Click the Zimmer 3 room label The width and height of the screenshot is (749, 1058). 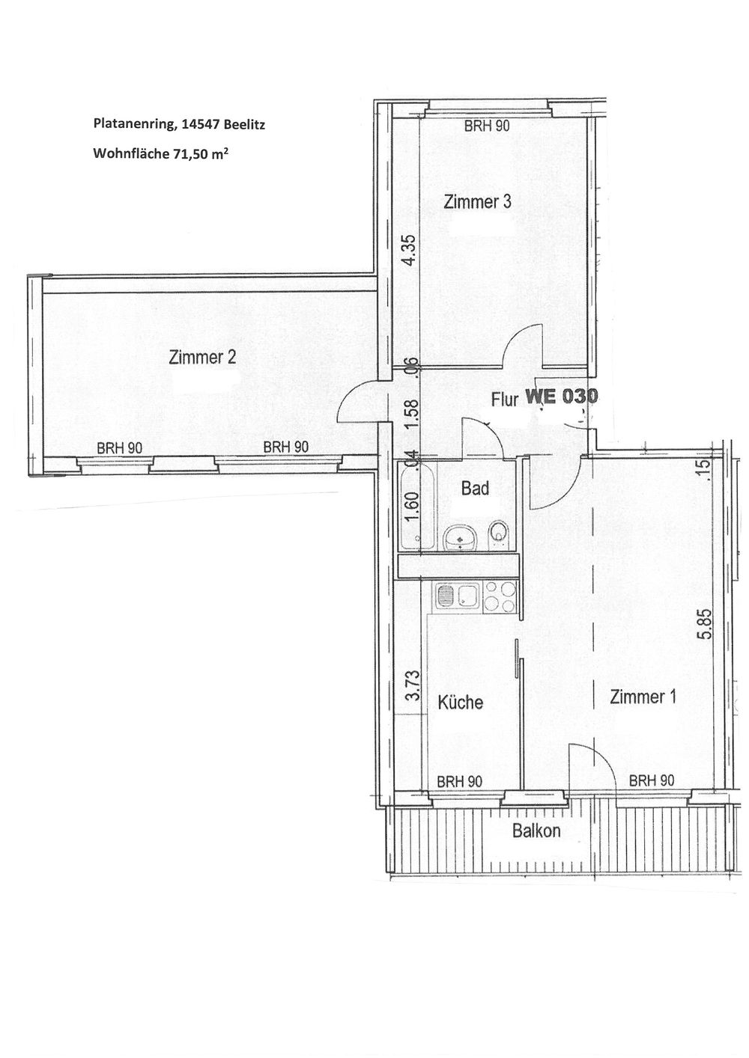coord(478,202)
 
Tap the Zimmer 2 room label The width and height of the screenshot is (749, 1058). coord(202,357)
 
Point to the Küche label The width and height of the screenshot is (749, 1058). coord(461,703)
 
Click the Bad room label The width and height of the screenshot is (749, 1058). coord(475,488)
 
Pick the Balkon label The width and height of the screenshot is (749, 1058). coord(537,831)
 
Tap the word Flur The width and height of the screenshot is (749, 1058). coord(505,400)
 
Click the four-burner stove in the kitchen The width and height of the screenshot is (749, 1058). coord(500,597)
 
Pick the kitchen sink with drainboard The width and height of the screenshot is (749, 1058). coord(458,597)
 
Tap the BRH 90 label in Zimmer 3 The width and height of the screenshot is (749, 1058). coord(487,126)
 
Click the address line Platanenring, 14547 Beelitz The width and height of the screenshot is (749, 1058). coord(179,125)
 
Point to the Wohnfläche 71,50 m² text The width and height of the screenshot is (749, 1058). coord(158,153)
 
